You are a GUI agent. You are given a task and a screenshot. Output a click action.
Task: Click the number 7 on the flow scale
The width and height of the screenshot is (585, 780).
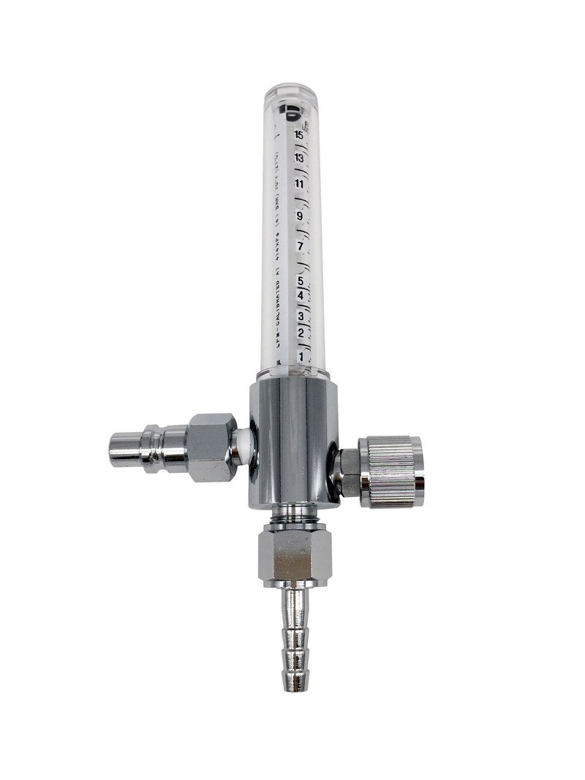[300, 246]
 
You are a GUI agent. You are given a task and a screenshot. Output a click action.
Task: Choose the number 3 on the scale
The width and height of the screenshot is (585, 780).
[301, 316]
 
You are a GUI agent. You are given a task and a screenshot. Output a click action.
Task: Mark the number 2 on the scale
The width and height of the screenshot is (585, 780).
[301, 333]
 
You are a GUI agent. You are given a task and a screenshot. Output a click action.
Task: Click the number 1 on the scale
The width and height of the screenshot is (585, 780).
[301, 356]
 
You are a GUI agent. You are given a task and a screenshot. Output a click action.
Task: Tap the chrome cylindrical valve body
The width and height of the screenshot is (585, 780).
[291, 446]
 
